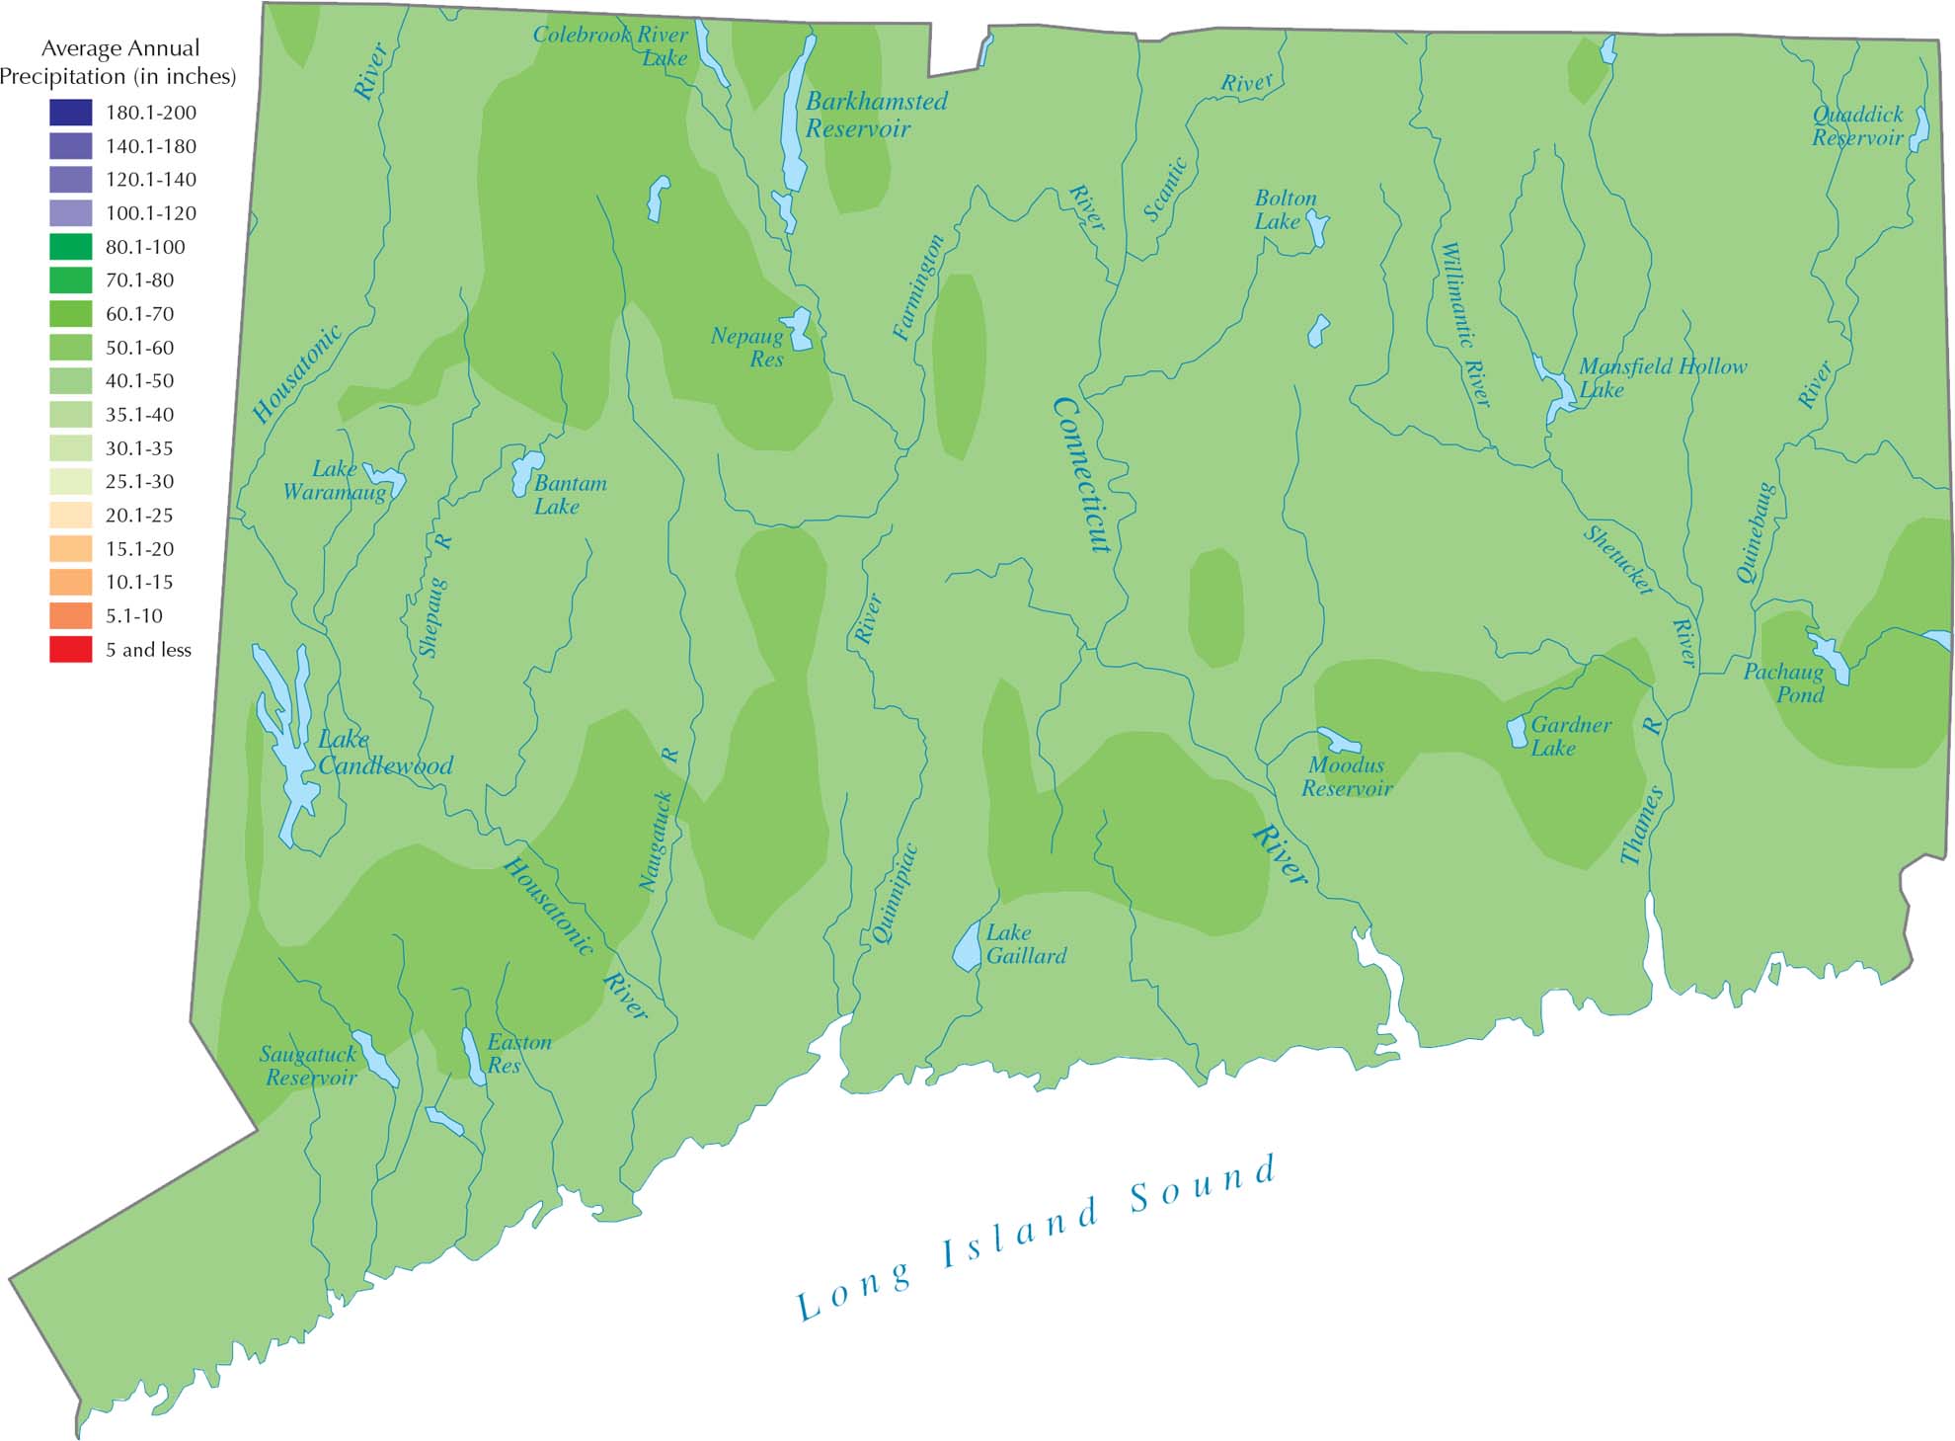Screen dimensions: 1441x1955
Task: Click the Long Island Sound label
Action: pos(1037,1240)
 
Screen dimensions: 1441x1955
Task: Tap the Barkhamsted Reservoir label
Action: pos(875,115)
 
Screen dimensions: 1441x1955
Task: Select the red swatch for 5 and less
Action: pos(70,650)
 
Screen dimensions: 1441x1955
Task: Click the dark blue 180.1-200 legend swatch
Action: pos(70,113)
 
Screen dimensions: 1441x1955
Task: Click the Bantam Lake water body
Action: pos(525,472)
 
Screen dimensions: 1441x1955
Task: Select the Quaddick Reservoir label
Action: pos(1856,126)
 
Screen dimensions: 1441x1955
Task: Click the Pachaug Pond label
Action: pos(1783,683)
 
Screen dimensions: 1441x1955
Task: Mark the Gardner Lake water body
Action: pos(1517,732)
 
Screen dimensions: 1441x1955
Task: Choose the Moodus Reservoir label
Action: pos(1346,776)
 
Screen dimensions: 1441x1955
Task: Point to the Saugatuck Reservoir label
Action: pos(310,1066)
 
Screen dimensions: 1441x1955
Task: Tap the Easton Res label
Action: pos(517,1053)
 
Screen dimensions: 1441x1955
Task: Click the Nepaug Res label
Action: pos(747,348)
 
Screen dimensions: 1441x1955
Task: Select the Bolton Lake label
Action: pos(1284,209)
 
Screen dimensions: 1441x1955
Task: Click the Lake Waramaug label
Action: pos(334,480)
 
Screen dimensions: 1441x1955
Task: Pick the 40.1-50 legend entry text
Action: pos(139,381)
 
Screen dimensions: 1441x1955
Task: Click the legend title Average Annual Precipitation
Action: pos(118,61)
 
